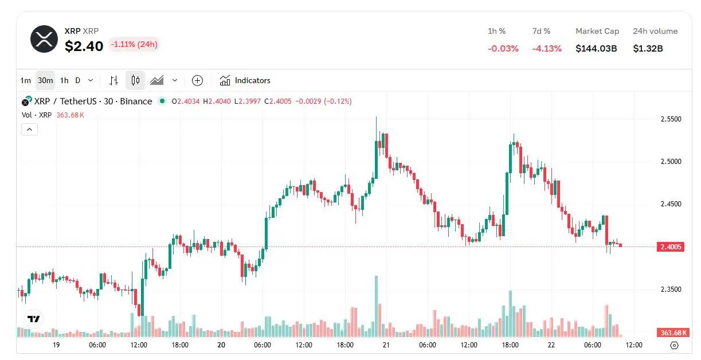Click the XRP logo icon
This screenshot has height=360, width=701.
point(44,39)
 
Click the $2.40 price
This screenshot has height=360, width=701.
point(84,46)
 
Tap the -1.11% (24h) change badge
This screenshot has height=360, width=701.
point(134,44)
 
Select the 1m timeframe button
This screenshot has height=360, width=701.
point(25,80)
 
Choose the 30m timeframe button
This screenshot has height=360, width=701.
point(45,80)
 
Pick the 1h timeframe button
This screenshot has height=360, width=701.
point(64,80)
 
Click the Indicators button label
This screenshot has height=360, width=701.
point(252,80)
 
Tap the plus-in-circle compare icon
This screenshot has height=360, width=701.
point(197,80)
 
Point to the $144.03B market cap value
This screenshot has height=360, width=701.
point(596,49)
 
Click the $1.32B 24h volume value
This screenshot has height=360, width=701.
point(648,49)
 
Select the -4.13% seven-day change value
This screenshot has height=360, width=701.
point(547,49)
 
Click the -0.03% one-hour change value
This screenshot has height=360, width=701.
point(503,49)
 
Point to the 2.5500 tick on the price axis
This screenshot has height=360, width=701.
point(671,119)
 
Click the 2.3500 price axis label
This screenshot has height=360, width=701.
point(671,289)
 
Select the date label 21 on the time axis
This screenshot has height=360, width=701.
point(386,345)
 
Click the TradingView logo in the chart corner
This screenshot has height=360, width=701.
point(34,319)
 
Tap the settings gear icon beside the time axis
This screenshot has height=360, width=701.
point(674,345)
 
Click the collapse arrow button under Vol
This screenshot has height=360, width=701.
point(29,130)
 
